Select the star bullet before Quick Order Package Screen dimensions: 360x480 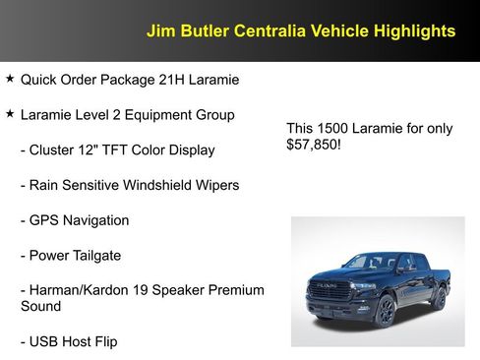[10, 78]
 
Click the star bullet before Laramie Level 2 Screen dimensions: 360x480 [10, 114]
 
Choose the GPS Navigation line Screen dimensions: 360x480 [74, 220]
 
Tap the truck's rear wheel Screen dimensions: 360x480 [439, 298]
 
